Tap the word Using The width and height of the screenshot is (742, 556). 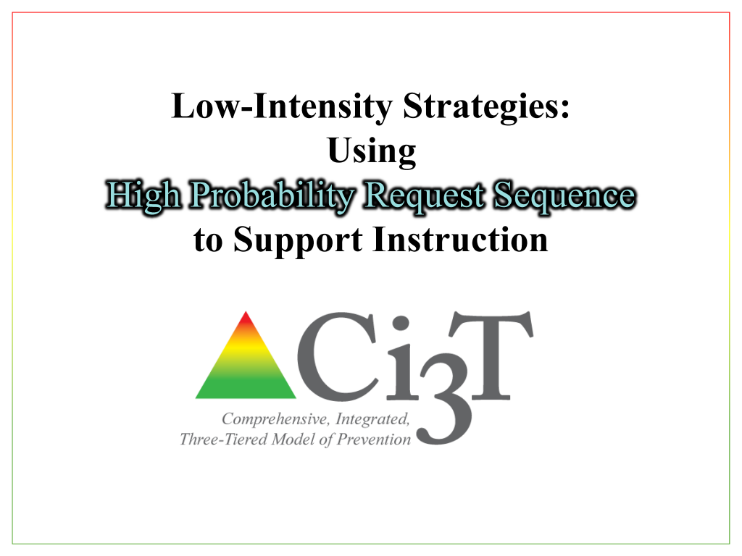click(x=371, y=152)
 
